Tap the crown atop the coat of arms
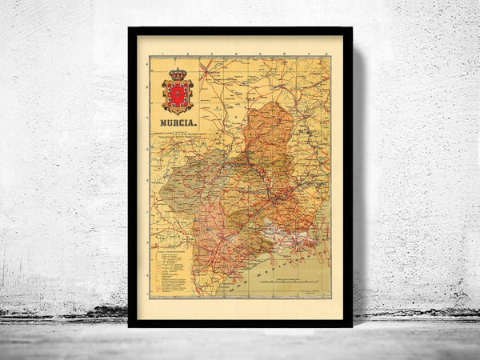177,74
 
